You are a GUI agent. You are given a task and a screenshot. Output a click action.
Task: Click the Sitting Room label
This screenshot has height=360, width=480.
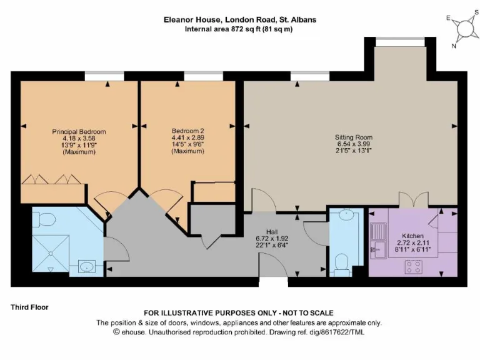(x=354, y=137)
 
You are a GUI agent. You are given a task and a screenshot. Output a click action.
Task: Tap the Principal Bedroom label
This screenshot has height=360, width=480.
(x=79, y=132)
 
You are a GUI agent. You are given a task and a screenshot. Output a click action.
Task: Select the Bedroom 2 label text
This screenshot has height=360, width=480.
(x=187, y=131)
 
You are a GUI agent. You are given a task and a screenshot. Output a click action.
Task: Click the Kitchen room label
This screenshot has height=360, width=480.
(x=412, y=236)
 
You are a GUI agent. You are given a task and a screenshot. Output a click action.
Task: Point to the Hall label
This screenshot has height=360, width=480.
(x=272, y=232)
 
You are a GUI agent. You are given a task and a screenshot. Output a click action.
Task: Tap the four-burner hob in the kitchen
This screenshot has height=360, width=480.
(x=413, y=266)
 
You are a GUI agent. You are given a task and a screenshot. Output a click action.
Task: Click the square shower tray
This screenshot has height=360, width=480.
(x=51, y=253)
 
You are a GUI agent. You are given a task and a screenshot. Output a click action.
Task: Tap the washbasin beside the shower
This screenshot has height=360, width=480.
(x=87, y=266)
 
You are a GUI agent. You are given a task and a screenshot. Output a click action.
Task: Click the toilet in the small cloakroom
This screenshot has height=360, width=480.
(x=342, y=264)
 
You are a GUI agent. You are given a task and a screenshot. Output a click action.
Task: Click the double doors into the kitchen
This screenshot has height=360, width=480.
(x=413, y=200)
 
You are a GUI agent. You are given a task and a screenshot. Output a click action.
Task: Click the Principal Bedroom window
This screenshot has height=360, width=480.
(x=104, y=76)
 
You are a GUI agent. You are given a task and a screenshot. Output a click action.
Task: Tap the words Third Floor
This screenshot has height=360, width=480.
(x=30, y=307)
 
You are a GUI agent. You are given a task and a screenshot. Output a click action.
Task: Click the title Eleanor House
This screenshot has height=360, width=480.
(x=192, y=20)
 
